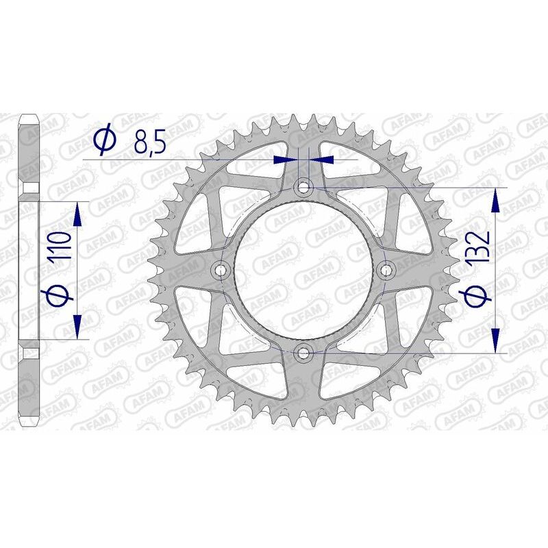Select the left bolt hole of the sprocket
221,270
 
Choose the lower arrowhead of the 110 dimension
77,325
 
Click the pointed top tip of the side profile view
29,116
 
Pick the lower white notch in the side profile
29,353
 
